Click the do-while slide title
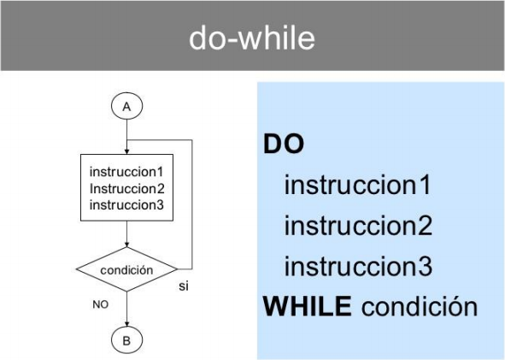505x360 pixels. [x=252, y=38]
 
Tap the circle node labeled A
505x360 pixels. [x=127, y=106]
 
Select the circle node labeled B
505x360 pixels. [x=127, y=340]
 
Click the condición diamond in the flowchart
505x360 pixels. [x=127, y=269]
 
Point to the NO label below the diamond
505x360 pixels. [x=101, y=304]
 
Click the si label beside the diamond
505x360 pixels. [x=184, y=286]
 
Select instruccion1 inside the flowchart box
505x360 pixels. [x=126, y=172]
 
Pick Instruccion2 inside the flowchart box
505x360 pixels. [x=127, y=188]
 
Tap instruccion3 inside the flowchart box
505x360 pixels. [x=126, y=205]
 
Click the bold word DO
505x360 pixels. [x=284, y=144]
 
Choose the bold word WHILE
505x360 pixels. [x=308, y=306]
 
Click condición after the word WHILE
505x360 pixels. [x=420, y=306]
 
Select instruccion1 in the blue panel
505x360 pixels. [x=357, y=185]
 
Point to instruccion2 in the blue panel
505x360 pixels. [x=358, y=226]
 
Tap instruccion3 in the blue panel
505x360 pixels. [x=358, y=266]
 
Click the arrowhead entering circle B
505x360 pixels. [x=127, y=324]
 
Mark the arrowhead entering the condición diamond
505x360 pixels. [x=127, y=245]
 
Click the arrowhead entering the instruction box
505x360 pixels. [x=127, y=151]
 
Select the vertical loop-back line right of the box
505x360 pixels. [x=192, y=204]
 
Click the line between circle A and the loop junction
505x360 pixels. [x=127, y=130]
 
